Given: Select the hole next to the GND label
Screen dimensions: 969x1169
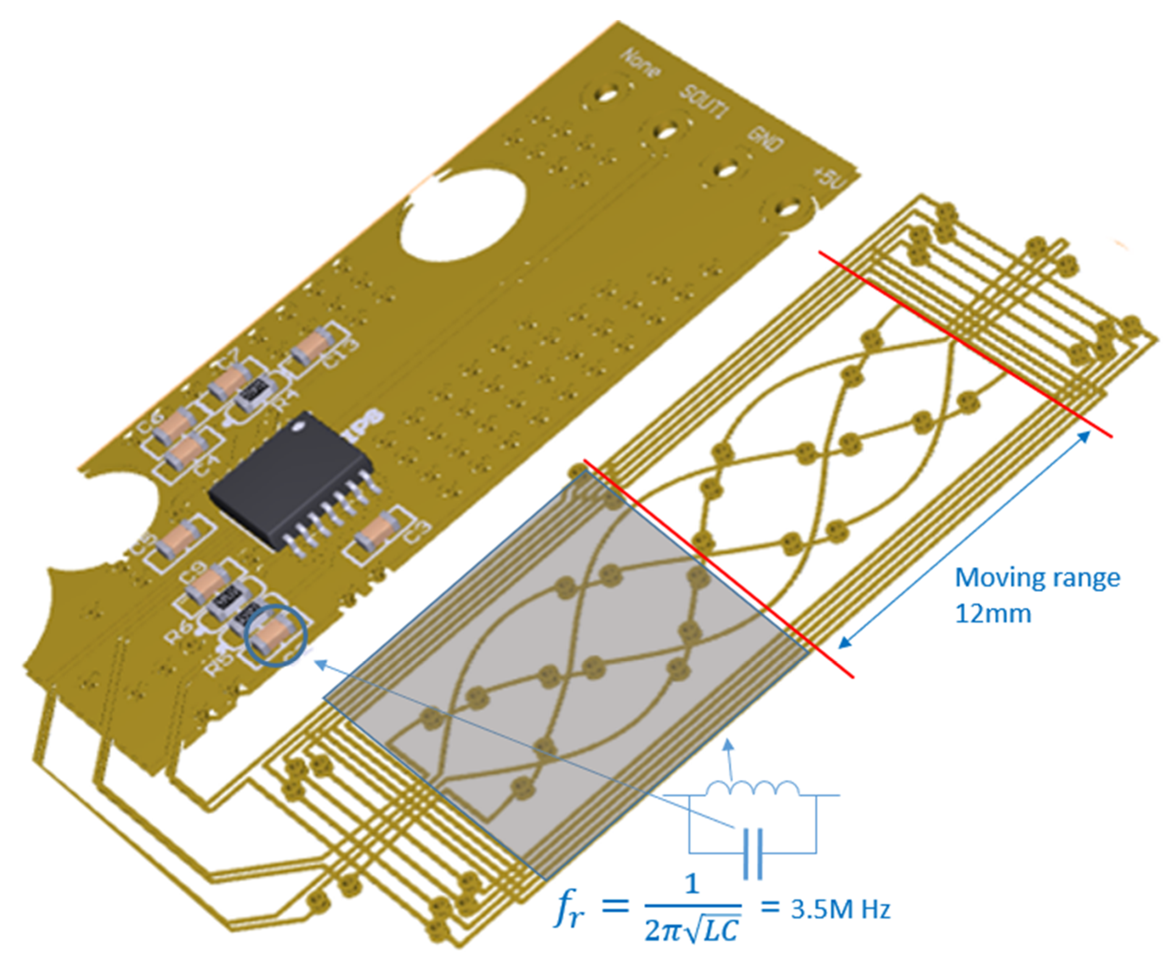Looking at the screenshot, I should [726, 169].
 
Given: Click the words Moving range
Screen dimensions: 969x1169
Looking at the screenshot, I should [1037, 578].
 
